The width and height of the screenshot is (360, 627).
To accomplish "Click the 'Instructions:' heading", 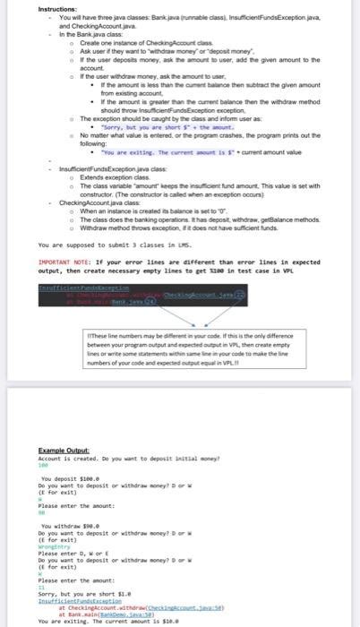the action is point(56,9).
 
